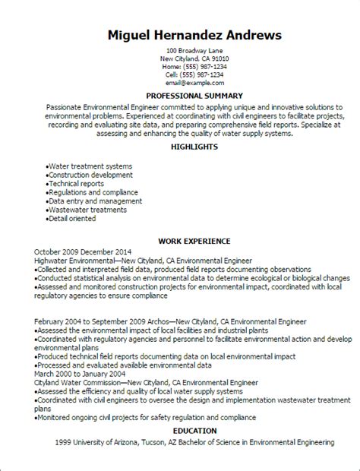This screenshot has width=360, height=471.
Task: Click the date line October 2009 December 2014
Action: click(81, 251)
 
